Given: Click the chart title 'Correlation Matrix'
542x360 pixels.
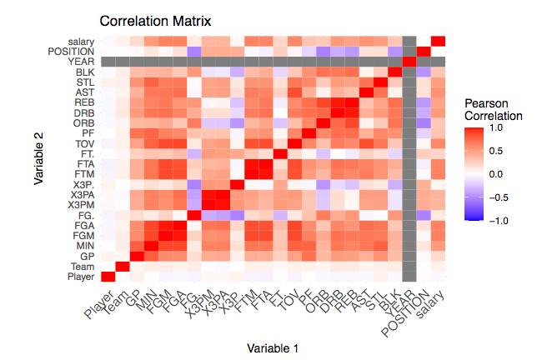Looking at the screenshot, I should tap(155, 20).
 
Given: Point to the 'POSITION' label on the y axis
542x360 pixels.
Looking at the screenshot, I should tap(72, 52).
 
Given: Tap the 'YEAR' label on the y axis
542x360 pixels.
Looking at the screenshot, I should tap(82, 62).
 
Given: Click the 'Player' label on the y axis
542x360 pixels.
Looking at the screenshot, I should tap(81, 277).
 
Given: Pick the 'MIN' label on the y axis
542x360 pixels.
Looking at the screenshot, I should tap(84, 244).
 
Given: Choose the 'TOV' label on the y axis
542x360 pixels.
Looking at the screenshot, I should tap(84, 142).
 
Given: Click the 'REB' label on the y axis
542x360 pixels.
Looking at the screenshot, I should tap(84, 102).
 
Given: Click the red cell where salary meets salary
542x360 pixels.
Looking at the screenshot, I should tap(438, 42).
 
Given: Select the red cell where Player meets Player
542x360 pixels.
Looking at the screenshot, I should tap(108, 277).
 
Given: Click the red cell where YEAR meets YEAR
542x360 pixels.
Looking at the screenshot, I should tap(409, 62).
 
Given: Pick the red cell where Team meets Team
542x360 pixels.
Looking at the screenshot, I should tap(123, 266).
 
